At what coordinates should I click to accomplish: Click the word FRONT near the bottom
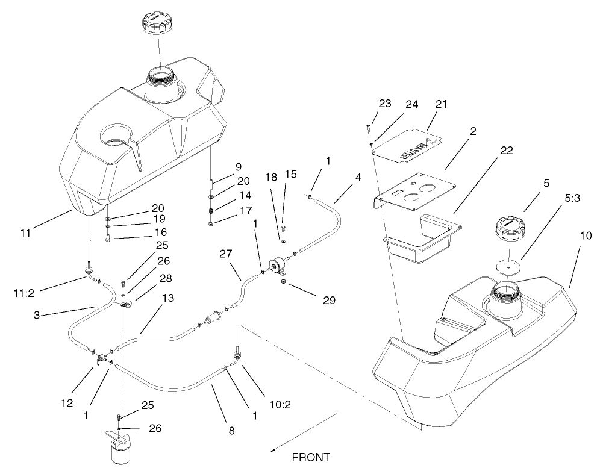(311, 457)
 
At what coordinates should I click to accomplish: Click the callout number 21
(442, 104)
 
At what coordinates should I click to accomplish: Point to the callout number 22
(507, 151)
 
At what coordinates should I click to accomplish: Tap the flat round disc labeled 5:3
(510, 265)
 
